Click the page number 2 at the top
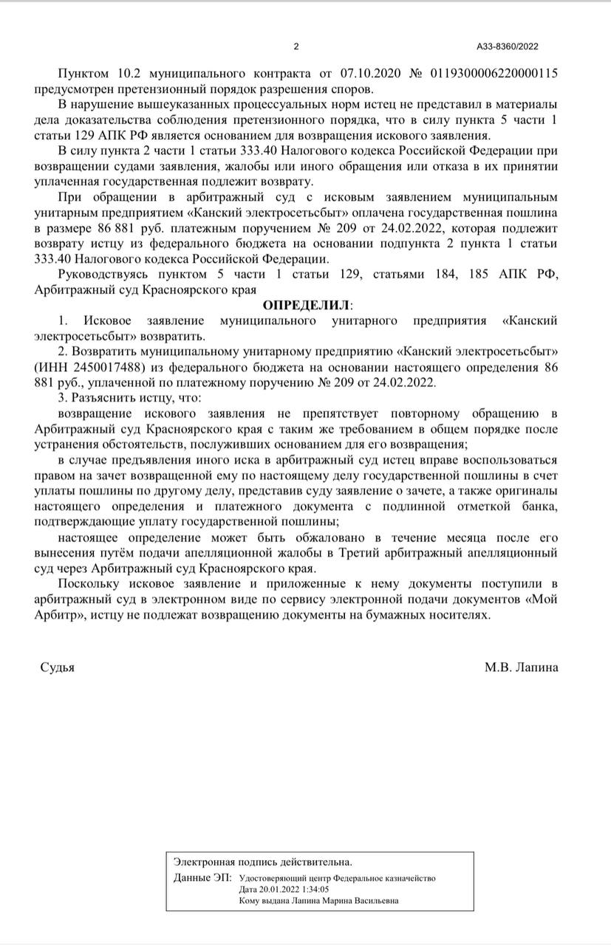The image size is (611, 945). click(x=296, y=47)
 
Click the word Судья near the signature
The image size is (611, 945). click(x=57, y=667)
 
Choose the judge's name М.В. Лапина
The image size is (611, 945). click(x=522, y=667)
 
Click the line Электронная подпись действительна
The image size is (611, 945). click(x=262, y=862)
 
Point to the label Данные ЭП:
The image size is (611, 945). click(x=202, y=878)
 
